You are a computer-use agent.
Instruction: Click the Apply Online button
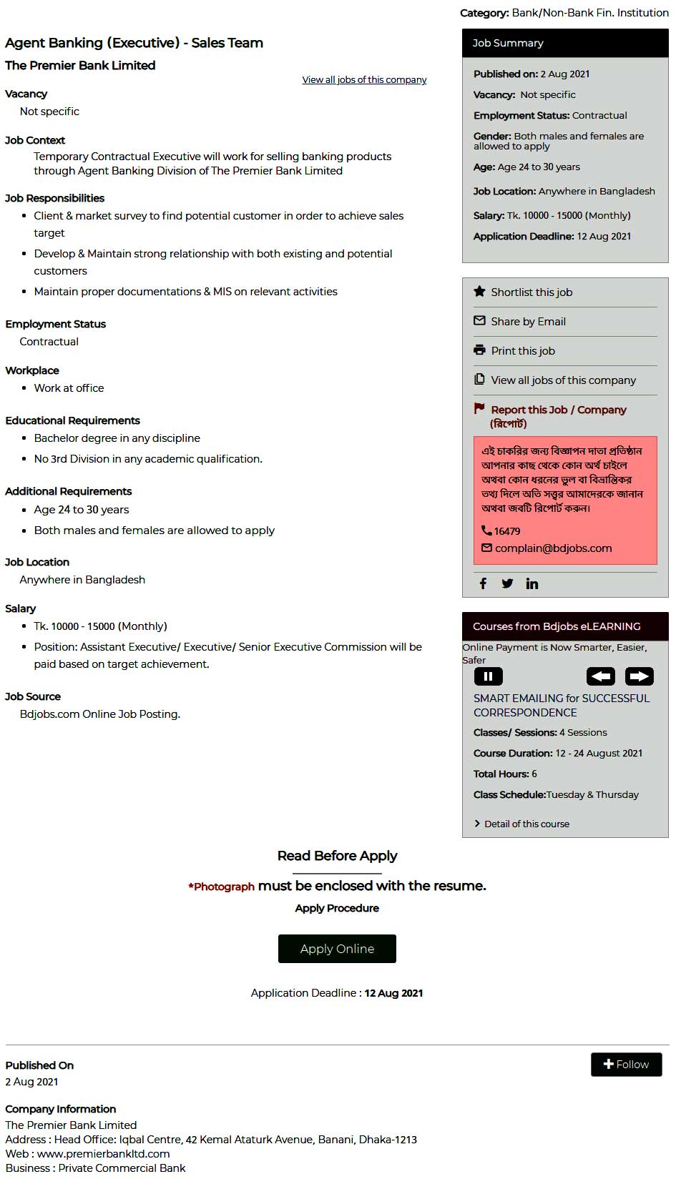[337, 949]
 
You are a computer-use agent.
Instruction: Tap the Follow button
[626, 1065]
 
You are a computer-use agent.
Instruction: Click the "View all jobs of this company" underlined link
[364, 80]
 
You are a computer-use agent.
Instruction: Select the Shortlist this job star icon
[479, 292]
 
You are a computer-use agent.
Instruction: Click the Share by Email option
[528, 322]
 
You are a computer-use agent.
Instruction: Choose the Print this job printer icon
[479, 350]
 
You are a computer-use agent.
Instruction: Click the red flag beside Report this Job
[479, 409]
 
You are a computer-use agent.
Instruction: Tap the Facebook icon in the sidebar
[483, 583]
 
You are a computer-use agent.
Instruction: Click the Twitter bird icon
[507, 583]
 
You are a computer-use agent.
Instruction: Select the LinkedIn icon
[532, 583]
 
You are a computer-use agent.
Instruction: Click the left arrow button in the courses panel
[601, 676]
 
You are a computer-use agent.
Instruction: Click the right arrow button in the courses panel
[640, 676]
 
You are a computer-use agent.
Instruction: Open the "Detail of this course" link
[526, 824]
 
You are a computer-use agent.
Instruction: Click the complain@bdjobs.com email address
[553, 548]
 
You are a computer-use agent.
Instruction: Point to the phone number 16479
[506, 531]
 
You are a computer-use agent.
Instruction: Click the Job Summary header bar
[565, 43]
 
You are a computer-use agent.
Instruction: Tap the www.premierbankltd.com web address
[104, 1154]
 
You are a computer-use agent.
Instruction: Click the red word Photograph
[224, 887]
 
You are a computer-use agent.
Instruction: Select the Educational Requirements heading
[72, 420]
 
